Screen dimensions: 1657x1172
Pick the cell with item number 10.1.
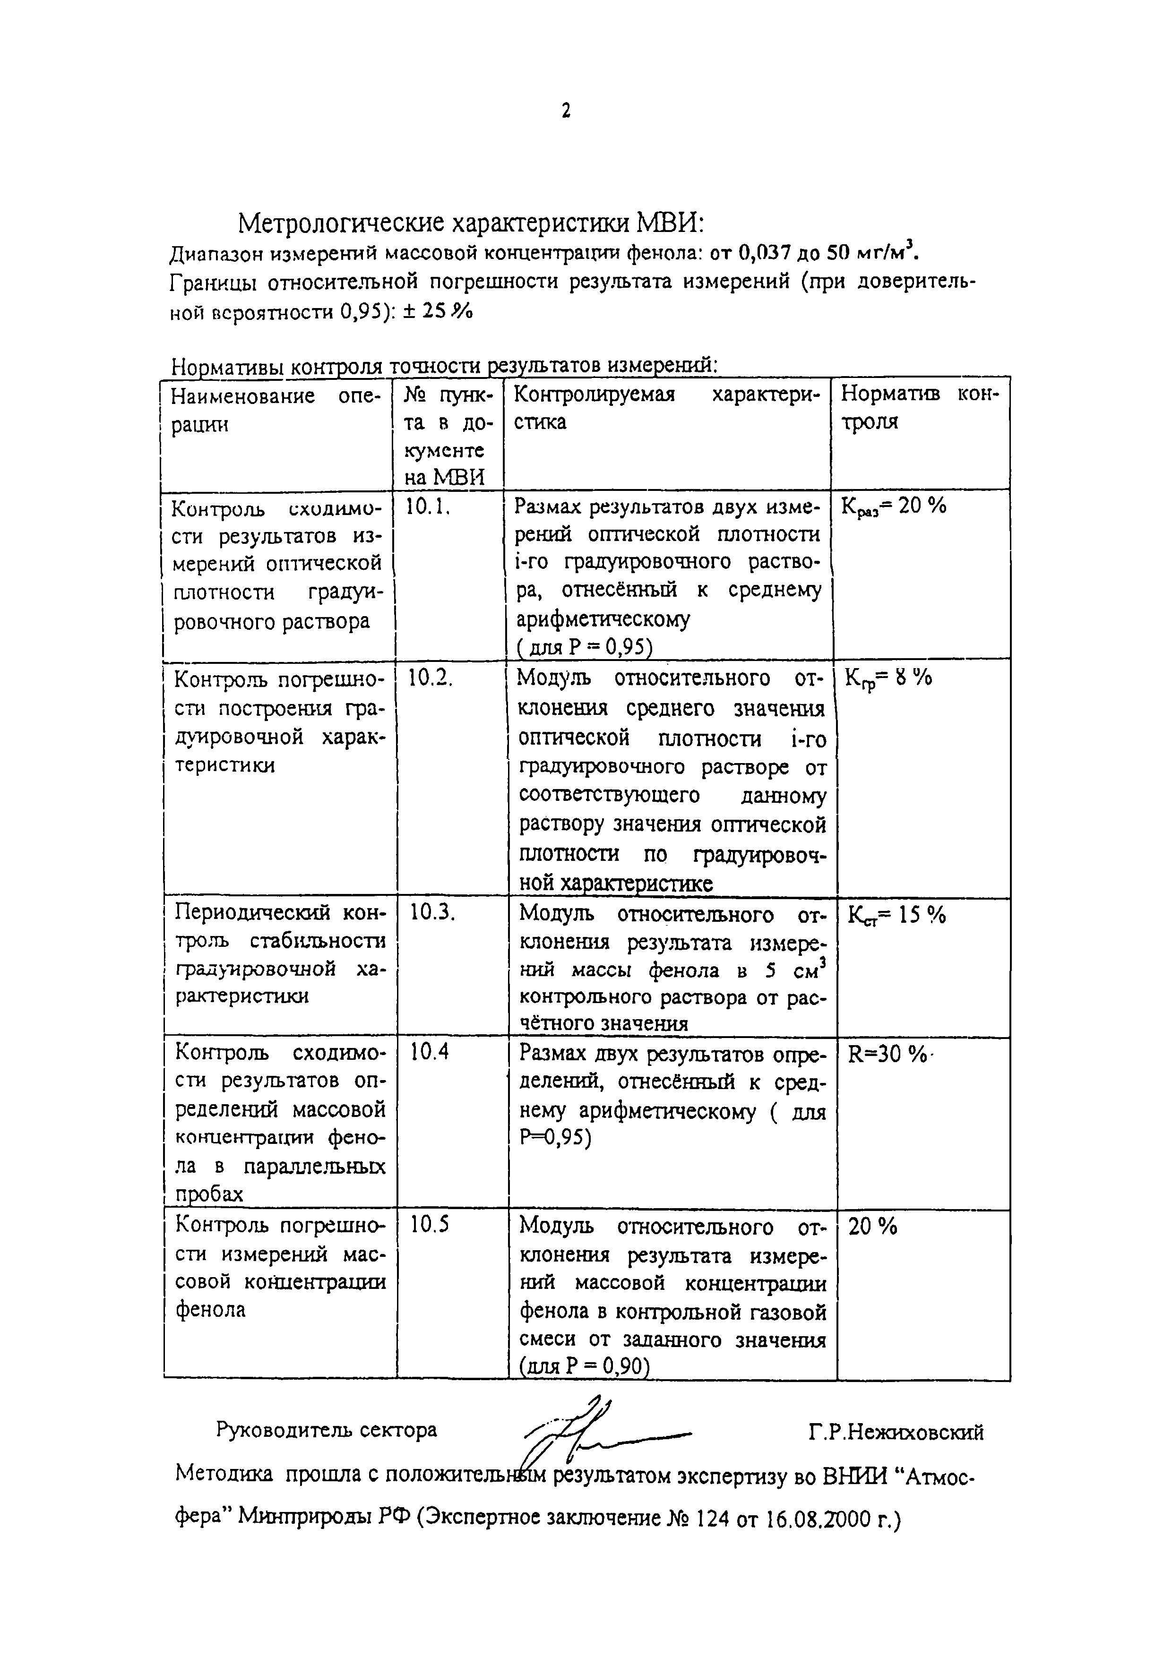click(x=428, y=508)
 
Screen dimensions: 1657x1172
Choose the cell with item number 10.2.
click(x=431, y=678)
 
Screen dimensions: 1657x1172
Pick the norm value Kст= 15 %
click(x=896, y=915)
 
